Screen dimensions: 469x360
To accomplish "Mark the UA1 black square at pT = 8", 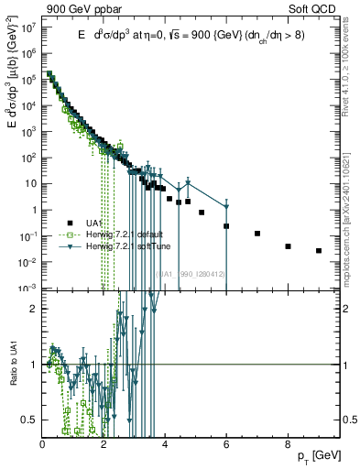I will pos(288,246).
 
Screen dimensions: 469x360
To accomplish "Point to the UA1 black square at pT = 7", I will pos(257,234).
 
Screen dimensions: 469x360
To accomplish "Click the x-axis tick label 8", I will pos(288,443).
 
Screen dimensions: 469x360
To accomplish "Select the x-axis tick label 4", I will pos(165,443).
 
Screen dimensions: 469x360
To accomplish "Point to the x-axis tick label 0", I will pos(42,443).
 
